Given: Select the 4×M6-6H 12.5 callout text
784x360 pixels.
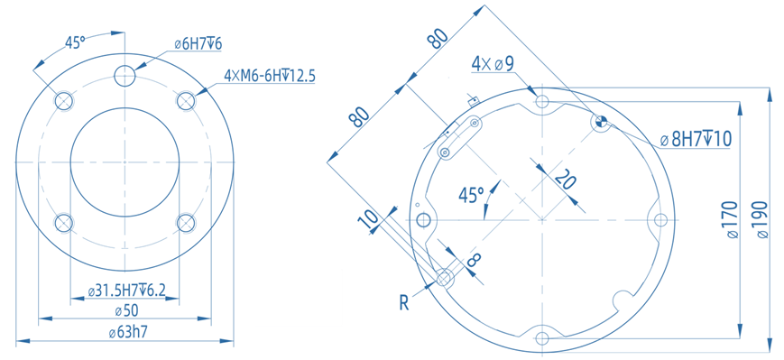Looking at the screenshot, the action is [x=270, y=76].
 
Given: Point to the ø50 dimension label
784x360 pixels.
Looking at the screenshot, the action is [x=126, y=310].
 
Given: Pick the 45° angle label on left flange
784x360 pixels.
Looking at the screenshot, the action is [x=75, y=43].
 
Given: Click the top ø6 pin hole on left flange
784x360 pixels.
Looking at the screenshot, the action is [x=125, y=76].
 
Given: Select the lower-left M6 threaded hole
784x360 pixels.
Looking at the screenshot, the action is [x=64, y=223].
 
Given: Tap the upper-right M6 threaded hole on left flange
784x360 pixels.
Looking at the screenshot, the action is [x=186, y=100].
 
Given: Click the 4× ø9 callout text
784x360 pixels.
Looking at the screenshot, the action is [x=493, y=64].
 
